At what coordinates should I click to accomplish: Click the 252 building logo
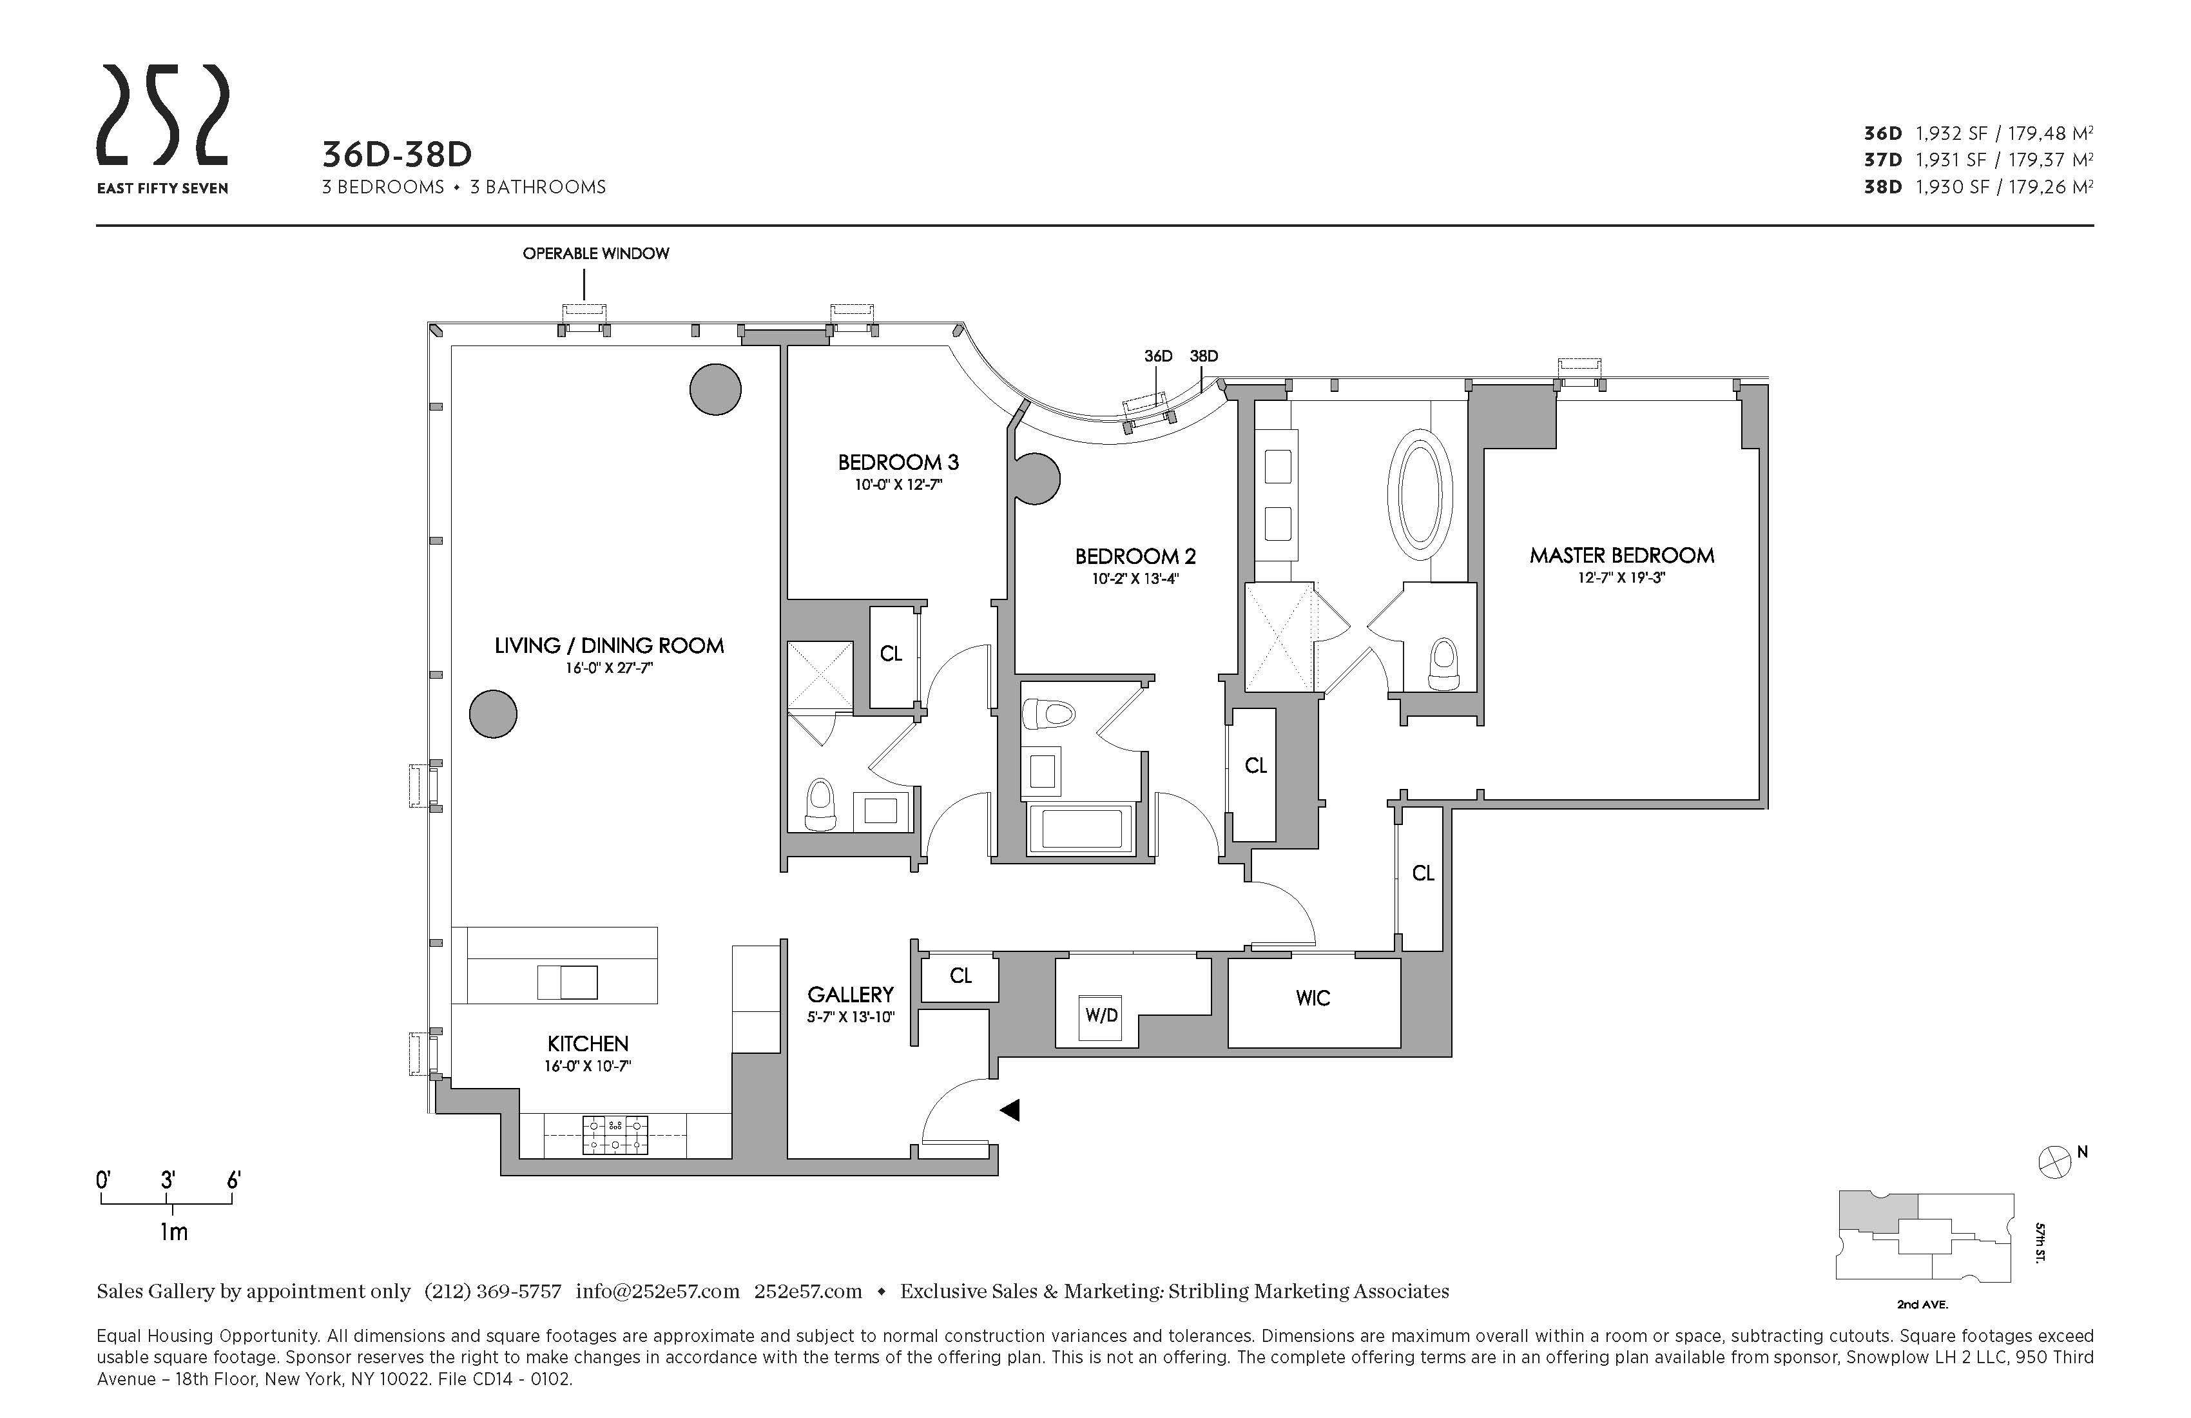click(163, 129)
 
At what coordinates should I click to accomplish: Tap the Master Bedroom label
click(1621, 555)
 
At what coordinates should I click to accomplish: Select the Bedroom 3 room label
click(898, 462)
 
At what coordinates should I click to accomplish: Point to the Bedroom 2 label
click(1135, 556)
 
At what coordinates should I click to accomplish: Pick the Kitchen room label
click(587, 1044)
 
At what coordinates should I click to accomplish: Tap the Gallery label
click(851, 995)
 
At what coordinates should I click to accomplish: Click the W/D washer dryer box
click(1101, 1015)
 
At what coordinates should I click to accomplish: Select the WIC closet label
click(1313, 998)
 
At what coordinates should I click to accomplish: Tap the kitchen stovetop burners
click(615, 1135)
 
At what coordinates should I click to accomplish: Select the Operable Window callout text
click(595, 253)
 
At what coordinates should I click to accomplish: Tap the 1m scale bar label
click(174, 1232)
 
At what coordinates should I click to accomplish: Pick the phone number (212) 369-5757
click(492, 1291)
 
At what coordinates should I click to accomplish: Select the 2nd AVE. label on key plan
click(1922, 1305)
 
